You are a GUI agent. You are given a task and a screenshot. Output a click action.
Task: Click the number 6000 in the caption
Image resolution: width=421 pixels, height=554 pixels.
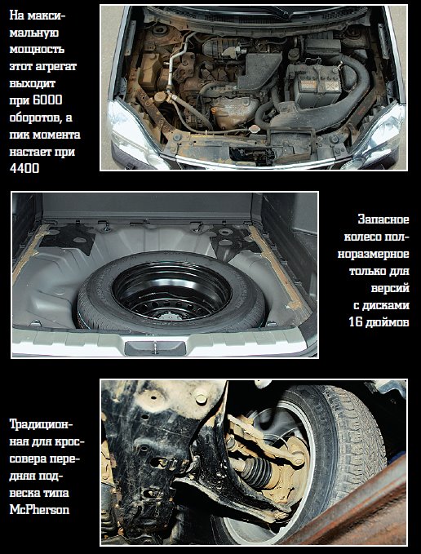point(47,100)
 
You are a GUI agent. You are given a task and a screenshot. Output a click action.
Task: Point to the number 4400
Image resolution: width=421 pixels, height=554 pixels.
point(24,169)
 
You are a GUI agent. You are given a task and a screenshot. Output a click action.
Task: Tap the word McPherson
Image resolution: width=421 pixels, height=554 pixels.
point(39,509)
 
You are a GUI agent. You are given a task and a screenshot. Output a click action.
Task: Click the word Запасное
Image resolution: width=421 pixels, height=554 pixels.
point(383,219)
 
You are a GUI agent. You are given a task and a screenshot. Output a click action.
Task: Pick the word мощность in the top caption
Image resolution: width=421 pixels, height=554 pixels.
point(37,49)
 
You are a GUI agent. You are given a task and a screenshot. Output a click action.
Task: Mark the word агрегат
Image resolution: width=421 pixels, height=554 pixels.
point(56,66)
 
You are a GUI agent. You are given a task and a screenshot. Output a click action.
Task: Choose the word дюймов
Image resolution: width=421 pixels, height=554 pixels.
point(388,322)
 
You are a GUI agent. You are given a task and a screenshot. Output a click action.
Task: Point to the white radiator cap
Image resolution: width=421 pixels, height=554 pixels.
point(254,129)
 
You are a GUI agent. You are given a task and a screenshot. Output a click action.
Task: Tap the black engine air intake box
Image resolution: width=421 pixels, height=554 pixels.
point(259,70)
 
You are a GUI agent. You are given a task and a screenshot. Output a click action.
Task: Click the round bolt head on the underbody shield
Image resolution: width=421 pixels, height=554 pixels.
point(201,399)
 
